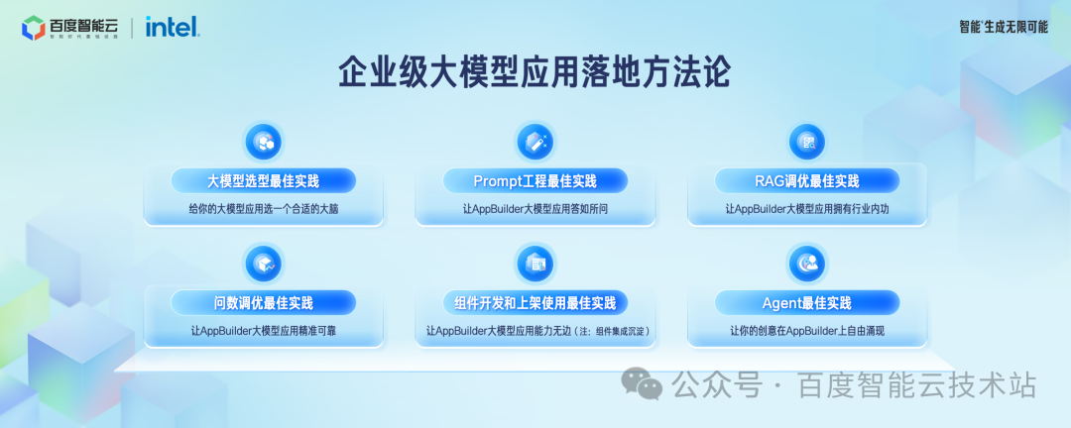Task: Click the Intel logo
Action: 173,26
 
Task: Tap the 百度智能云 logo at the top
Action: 69,27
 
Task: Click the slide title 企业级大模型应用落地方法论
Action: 535,72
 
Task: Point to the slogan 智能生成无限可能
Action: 1003,27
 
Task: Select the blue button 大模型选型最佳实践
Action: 263,181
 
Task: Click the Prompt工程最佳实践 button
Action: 535,181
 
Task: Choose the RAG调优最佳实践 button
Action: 807,181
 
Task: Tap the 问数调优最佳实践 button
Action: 263,302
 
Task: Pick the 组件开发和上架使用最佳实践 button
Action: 535,302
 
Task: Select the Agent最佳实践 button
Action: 807,302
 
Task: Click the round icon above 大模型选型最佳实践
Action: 264,141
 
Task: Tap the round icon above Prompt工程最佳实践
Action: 535,141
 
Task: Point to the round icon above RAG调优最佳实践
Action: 807,141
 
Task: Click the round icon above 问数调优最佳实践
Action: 264,263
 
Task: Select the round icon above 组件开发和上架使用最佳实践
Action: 535,263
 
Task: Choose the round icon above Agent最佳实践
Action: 807,263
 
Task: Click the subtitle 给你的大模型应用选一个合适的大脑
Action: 263,209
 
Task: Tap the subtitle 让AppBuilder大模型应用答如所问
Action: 535,209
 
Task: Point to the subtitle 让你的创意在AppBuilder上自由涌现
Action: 807,330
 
